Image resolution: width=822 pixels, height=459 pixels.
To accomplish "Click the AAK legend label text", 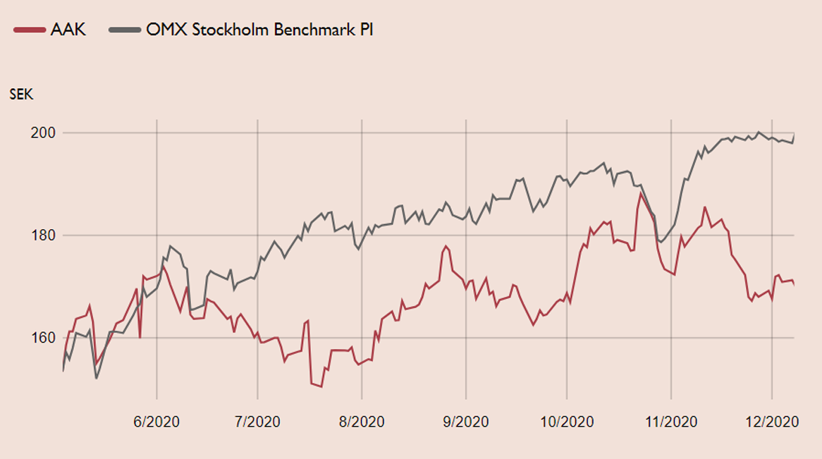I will [x=68, y=30].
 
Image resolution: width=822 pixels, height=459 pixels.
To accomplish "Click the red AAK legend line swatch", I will [x=29, y=30].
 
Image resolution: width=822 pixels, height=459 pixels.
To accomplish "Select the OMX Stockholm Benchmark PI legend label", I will [x=259, y=30].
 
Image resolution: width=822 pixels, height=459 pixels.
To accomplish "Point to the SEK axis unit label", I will [x=21, y=94].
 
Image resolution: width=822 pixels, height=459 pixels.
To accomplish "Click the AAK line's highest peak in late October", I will [x=641, y=192].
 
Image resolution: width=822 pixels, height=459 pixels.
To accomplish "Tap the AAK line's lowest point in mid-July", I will [x=321, y=386].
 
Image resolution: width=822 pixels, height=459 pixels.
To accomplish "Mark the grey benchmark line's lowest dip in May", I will [x=97, y=379].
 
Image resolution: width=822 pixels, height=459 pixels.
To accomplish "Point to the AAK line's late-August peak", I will [x=446, y=246].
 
